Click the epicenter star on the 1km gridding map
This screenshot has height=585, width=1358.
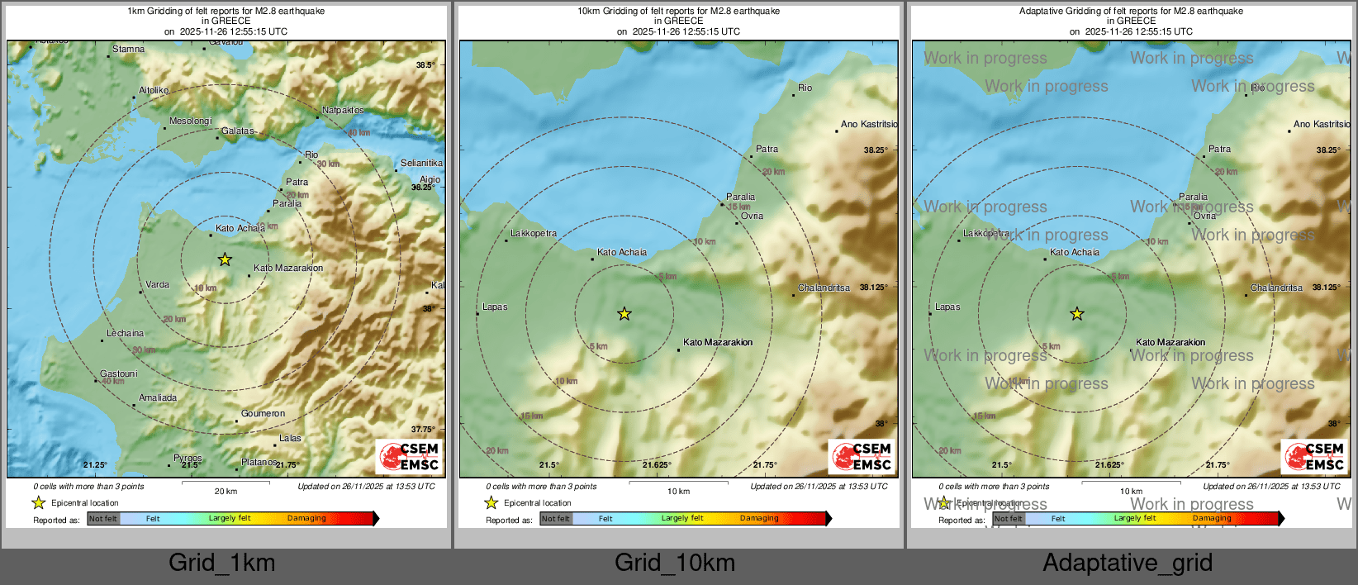pos(225,259)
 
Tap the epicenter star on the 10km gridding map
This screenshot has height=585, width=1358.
pos(624,314)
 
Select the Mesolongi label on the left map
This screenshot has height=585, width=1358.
pos(191,121)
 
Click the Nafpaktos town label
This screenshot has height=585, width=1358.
pos(343,111)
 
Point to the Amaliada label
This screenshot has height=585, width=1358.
pos(158,398)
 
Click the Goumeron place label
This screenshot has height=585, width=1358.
pos(263,414)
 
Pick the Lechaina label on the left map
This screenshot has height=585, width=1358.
pos(125,334)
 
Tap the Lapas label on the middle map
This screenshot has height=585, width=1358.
pos(495,307)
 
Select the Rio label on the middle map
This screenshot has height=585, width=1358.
pos(805,88)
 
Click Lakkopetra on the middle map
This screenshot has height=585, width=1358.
pos(534,234)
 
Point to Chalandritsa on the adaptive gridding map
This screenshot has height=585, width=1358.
pos(1276,288)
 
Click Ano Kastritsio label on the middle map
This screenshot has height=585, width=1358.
pos(869,125)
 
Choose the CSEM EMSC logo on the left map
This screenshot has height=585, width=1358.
pos(410,457)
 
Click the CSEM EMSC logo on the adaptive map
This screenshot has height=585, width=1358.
pos(1315,457)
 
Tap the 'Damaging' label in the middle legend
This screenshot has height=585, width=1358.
pos(759,519)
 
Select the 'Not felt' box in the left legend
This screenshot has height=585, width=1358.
pos(103,519)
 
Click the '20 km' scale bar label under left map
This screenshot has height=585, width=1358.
pos(226,492)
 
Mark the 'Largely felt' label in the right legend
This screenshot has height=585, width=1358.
pos(1135,519)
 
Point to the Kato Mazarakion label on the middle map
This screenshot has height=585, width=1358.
pos(718,343)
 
